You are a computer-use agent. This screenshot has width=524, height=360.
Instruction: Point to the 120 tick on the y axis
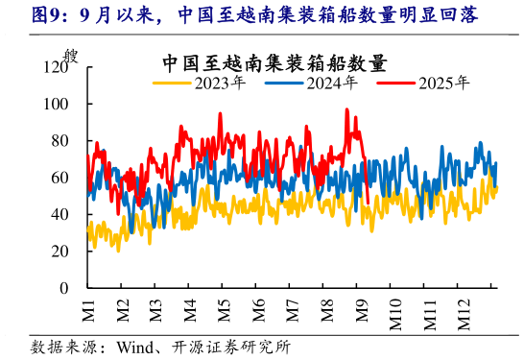pos(56,67)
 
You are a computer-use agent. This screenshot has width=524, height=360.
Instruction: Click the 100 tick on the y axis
pos(56,104)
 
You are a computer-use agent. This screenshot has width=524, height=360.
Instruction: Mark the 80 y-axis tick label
pos(60,141)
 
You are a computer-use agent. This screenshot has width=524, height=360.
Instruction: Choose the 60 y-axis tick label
pos(60,178)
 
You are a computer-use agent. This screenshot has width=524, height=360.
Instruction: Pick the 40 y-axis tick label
pos(60,214)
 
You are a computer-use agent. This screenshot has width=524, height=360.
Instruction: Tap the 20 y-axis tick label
pos(60,251)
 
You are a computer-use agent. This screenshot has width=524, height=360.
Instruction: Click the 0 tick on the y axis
pos(64,288)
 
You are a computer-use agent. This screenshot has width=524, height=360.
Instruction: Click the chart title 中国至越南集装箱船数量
pos(274,64)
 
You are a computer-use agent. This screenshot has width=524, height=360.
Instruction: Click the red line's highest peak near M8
pos(347,109)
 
